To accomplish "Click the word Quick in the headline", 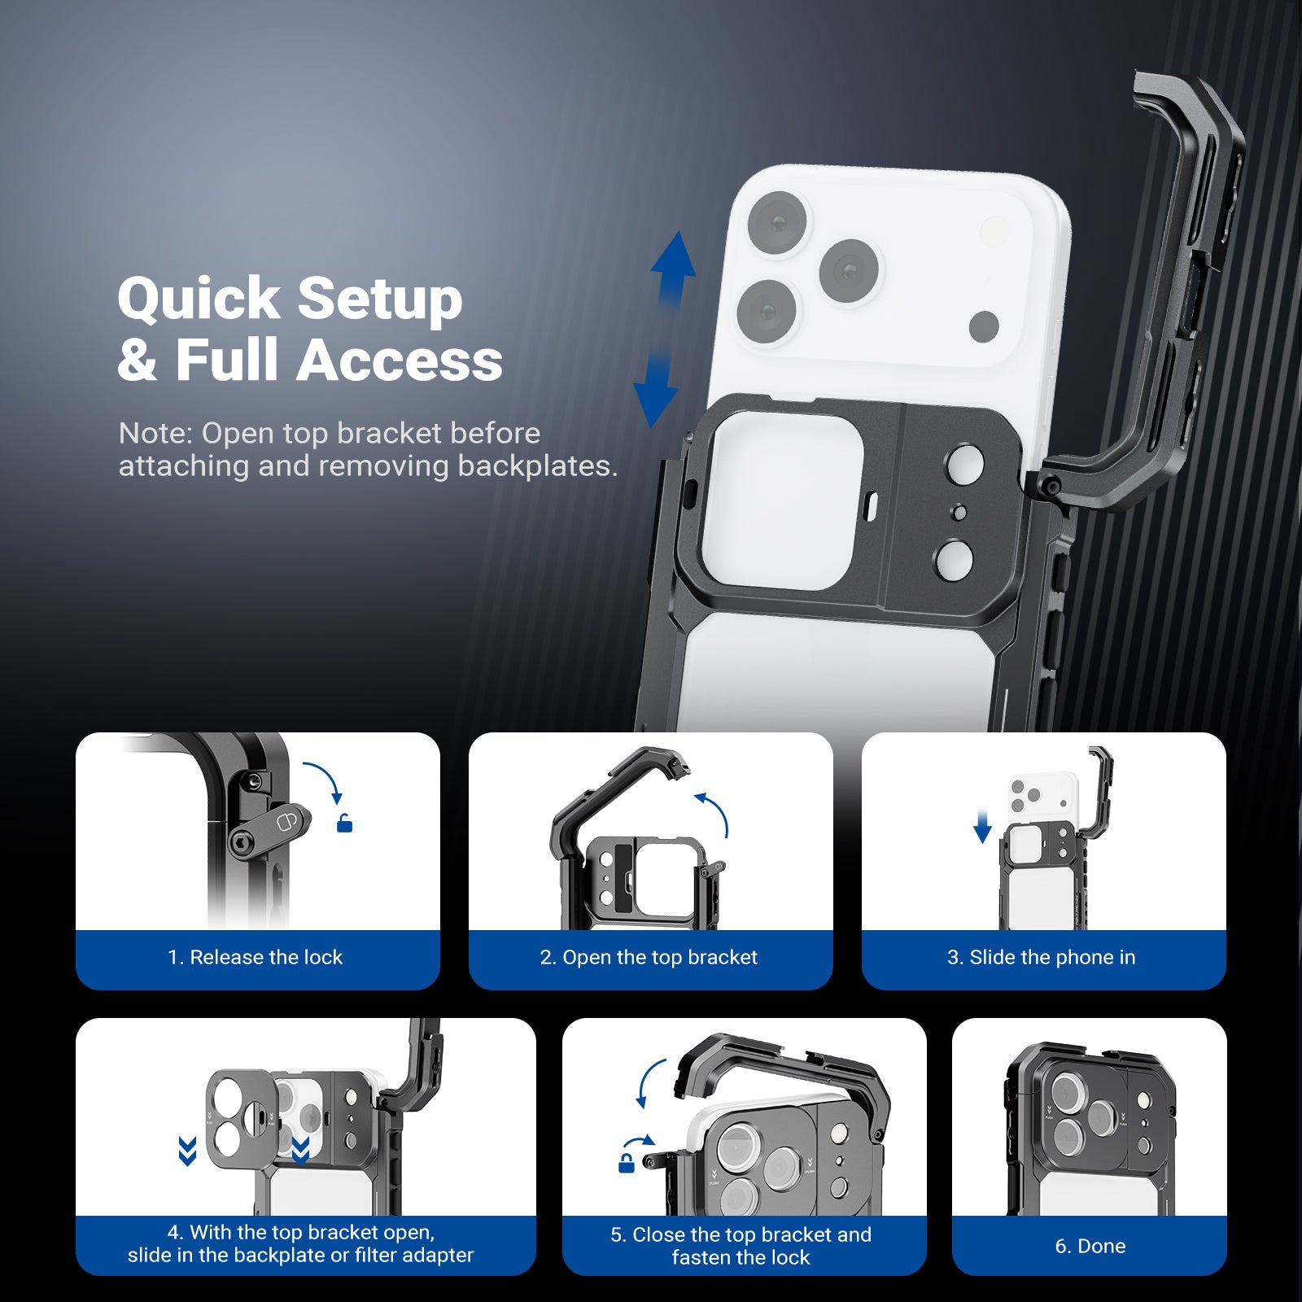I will tap(199, 299).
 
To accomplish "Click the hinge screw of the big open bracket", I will tap(1051, 487).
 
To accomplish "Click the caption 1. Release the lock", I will tap(256, 957).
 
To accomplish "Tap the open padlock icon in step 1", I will tap(344, 824).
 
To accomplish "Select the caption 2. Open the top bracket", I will tap(649, 957).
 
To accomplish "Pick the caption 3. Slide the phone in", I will tap(1041, 957).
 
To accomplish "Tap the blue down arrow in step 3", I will tap(982, 827).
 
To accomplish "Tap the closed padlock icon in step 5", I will tap(626, 1164).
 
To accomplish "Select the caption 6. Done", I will tap(1090, 1246).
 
